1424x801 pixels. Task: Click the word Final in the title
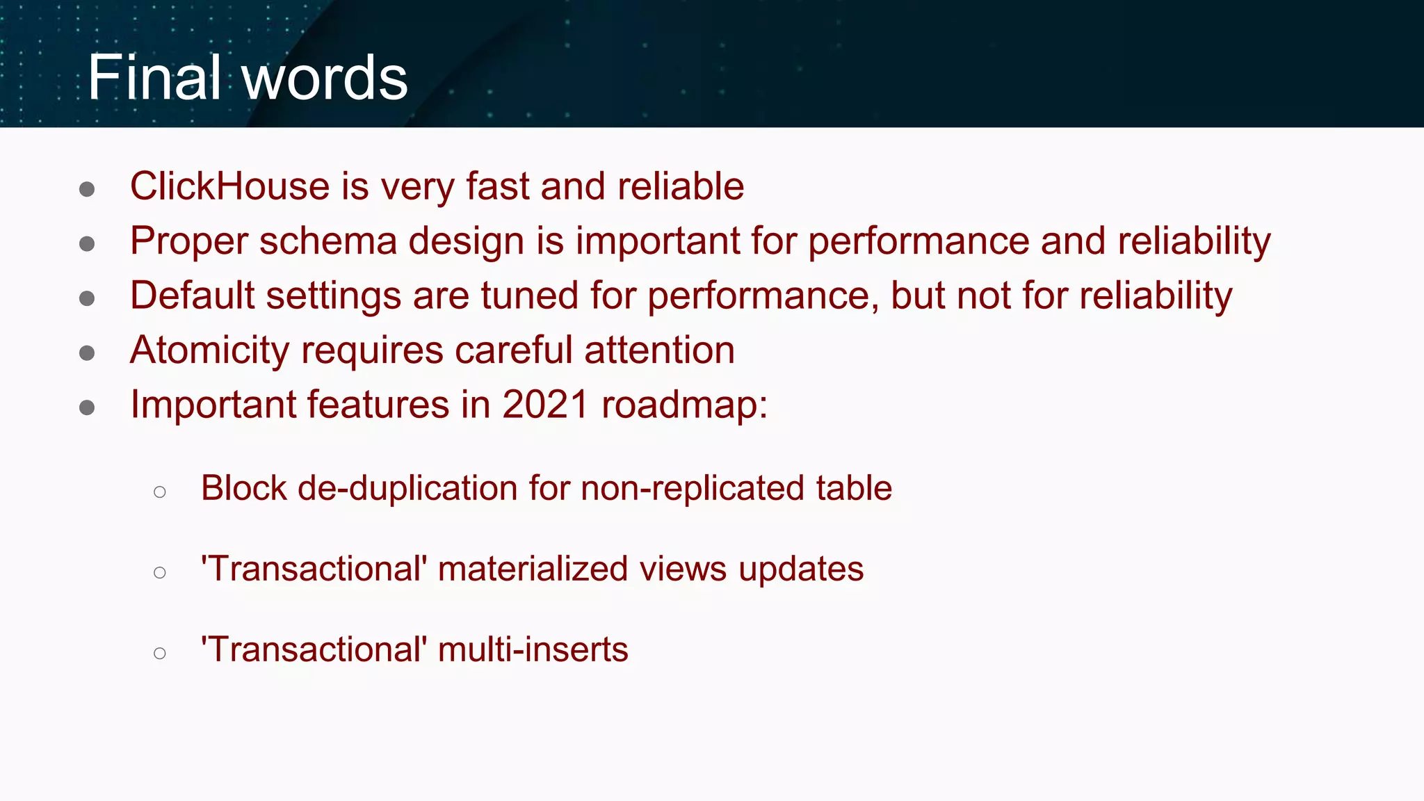coord(154,77)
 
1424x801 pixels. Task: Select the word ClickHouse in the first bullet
coord(229,186)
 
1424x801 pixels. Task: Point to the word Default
coord(192,296)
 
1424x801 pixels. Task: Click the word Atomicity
coord(209,350)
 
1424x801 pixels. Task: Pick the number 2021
coord(545,405)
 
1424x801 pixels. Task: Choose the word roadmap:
coord(684,405)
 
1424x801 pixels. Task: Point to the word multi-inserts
coord(533,649)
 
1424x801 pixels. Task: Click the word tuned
coord(529,296)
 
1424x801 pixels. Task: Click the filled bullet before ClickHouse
coord(87,189)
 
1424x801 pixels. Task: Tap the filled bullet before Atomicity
coord(87,353)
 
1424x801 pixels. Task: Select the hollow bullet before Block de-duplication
coord(160,492)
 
